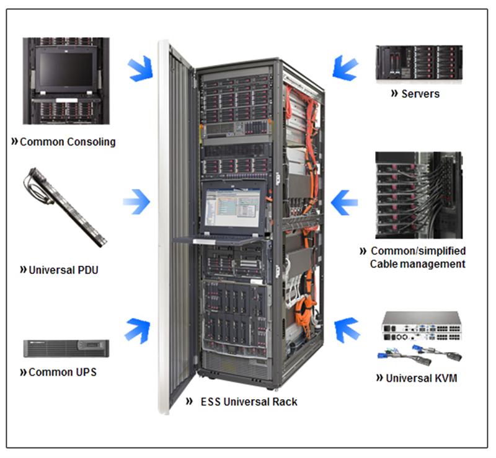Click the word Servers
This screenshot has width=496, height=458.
pyautogui.click(x=420, y=94)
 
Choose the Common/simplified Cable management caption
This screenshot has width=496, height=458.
pyautogui.click(x=417, y=258)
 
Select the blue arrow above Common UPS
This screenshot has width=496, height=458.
pyautogui.click(x=138, y=329)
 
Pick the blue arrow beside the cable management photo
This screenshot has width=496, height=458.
pyautogui.click(x=345, y=201)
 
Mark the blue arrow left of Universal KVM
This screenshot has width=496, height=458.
pyautogui.click(x=347, y=329)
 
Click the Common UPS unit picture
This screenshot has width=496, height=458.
pyautogui.click(x=66, y=348)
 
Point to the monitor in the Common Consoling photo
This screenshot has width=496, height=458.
pyautogui.click(x=66, y=69)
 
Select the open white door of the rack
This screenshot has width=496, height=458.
pyautogui.click(x=174, y=223)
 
